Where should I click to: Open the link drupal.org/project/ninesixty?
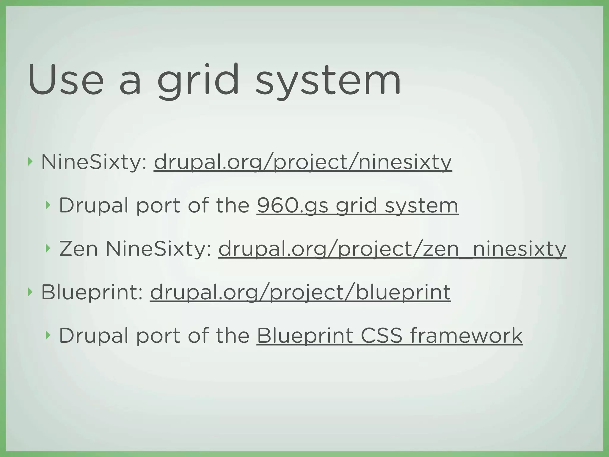[303, 162]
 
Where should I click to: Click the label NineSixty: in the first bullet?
[94, 162]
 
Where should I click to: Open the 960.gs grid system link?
[357, 206]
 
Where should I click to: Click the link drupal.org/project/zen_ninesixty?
[392, 249]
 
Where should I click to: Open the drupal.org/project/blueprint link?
[300, 292]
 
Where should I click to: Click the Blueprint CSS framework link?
[389, 336]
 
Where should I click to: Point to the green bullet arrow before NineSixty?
[29, 162]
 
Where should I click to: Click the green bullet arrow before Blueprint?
[29, 292]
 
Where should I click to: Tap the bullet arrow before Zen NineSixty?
[48, 248]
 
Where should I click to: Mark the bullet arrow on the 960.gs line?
[48, 205]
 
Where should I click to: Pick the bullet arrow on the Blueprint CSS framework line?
[48, 335]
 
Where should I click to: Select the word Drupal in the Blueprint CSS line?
[95, 336]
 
